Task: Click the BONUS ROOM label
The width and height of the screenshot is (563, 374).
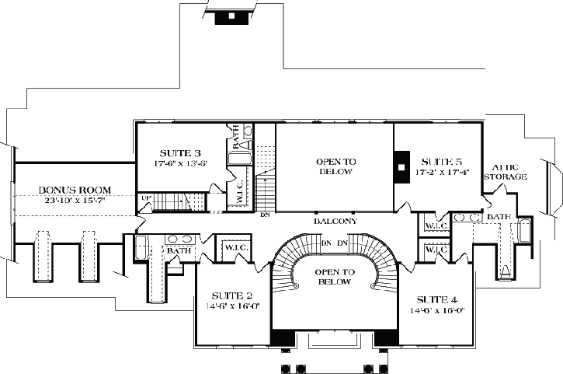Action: (x=75, y=190)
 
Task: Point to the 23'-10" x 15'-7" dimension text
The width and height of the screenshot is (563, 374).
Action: (x=75, y=200)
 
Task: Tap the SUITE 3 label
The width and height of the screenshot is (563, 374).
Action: (x=181, y=152)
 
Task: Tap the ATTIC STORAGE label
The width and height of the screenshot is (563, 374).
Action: (x=506, y=172)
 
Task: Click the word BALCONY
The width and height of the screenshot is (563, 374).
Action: (x=335, y=222)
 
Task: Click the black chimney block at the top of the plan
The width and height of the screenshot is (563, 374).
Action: (x=231, y=16)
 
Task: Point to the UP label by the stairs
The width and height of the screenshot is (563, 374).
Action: (x=144, y=199)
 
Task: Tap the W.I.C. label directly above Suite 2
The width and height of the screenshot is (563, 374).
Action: (x=235, y=248)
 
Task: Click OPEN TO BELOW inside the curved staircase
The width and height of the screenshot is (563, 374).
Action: (x=335, y=276)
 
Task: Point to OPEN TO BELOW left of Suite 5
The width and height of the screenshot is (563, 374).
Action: (x=335, y=166)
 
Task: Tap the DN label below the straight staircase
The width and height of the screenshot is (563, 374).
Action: (x=266, y=215)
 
